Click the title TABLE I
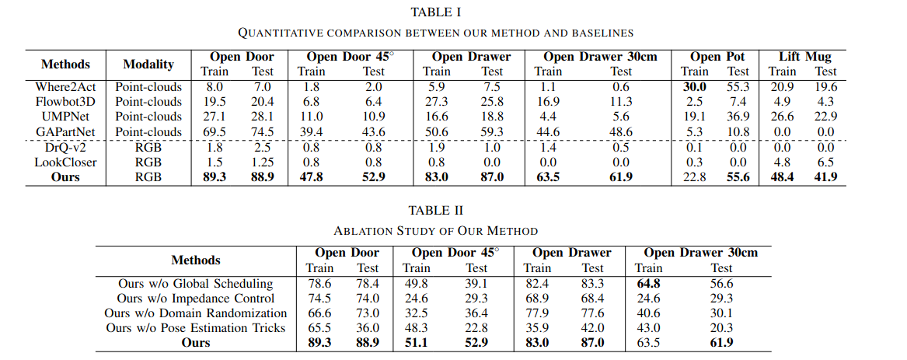point(435,12)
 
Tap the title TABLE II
point(435,210)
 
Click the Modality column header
point(148,65)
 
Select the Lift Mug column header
point(804,57)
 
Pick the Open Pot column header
point(717,57)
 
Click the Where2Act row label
point(65,87)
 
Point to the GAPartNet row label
point(65,131)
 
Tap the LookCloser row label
point(65,162)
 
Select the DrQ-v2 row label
point(65,147)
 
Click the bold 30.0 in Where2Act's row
point(694,87)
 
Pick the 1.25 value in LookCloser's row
point(262,162)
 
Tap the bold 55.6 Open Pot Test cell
point(738,177)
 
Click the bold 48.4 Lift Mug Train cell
point(782,177)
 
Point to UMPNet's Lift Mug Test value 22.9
point(825,117)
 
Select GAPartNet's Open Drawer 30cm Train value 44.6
point(548,131)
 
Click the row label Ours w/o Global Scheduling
point(196,284)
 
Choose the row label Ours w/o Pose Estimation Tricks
point(196,327)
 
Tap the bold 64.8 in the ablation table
point(648,284)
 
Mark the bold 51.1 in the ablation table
point(417,343)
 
